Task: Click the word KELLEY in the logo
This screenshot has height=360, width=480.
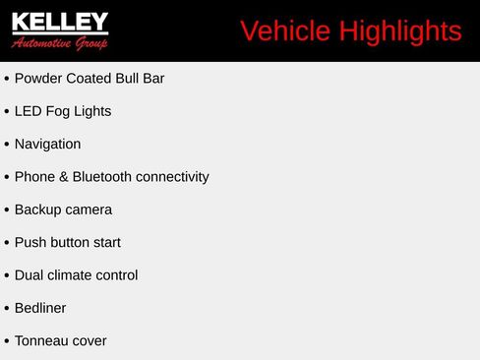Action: pos(60,22)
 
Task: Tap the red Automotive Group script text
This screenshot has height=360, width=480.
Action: pos(60,43)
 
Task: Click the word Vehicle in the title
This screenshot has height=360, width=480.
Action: pos(285,31)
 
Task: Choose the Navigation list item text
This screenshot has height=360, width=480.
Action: pos(47,144)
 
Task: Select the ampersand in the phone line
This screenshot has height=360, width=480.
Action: pos(61,177)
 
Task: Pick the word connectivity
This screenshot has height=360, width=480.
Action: pos(172,177)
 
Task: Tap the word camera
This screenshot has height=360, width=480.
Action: pos(90,210)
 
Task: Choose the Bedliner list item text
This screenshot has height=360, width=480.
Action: pos(40,308)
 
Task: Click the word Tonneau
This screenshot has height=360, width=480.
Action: pos(41,341)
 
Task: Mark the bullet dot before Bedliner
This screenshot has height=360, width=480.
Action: pos(7,309)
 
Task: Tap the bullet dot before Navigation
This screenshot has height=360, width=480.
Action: pos(7,145)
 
